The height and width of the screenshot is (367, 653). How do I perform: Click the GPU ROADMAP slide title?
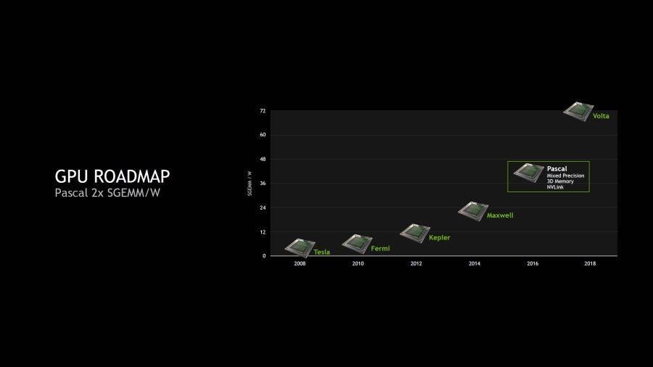click(x=112, y=177)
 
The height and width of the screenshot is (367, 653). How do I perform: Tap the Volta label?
click(x=601, y=116)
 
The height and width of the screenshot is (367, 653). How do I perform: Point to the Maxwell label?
click(x=500, y=215)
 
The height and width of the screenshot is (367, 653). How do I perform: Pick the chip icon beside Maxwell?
click(x=472, y=210)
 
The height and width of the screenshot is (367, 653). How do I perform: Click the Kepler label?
click(x=439, y=238)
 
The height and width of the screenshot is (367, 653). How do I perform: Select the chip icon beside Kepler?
click(x=414, y=232)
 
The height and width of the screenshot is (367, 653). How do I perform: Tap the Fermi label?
click(x=380, y=249)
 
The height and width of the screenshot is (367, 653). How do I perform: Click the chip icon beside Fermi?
click(x=356, y=243)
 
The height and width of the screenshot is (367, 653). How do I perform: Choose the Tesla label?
click(x=321, y=252)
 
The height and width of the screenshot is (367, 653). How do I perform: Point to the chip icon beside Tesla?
click(x=299, y=247)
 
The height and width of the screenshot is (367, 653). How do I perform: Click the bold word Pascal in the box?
click(x=557, y=169)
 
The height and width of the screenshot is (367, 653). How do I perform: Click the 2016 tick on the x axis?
click(x=532, y=263)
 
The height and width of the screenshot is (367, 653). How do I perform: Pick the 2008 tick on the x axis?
click(x=300, y=263)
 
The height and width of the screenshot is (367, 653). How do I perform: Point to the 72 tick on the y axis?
click(x=263, y=111)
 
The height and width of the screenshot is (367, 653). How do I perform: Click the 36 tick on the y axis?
click(x=263, y=183)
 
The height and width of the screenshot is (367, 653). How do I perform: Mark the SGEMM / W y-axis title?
click(x=250, y=183)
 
